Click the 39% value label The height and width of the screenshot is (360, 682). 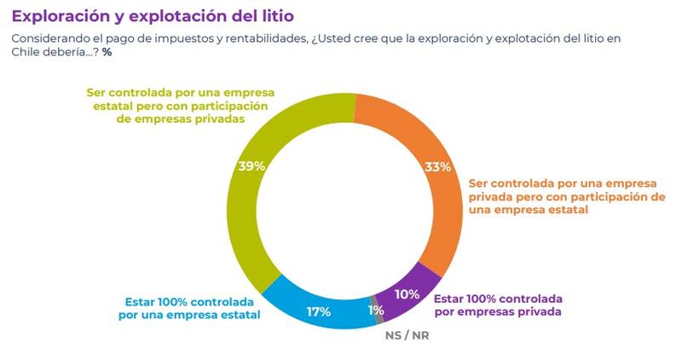252,166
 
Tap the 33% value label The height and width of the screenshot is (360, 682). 437,167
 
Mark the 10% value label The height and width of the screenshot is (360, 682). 407,294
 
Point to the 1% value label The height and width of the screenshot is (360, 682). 375,311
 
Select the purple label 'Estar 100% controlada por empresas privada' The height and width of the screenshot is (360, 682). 498,305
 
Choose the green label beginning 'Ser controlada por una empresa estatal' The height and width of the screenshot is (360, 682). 177,106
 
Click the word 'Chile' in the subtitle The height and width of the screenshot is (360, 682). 26,52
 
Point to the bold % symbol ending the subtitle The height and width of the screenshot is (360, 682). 107,52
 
